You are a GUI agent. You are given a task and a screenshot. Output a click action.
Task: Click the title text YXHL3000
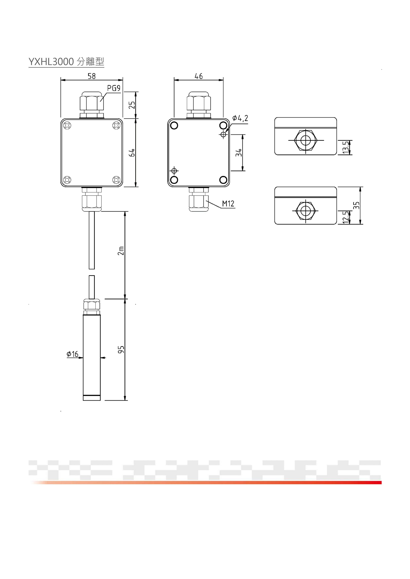[51, 62]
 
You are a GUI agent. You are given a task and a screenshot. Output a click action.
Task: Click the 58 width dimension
[92, 76]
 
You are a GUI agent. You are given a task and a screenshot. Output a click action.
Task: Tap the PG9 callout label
[114, 88]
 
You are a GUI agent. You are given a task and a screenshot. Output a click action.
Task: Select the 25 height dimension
[132, 105]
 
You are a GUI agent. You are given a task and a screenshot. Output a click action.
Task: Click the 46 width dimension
[199, 76]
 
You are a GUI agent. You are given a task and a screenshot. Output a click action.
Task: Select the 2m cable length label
[121, 251]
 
